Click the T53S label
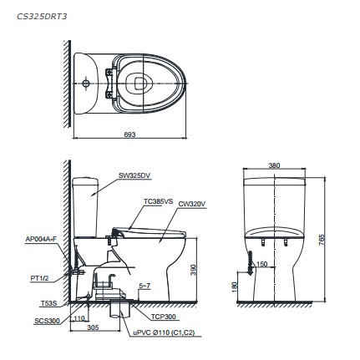pos(48,304)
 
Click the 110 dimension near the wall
pos(80,318)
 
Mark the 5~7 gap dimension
pos(144,286)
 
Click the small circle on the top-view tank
pos(85,83)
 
